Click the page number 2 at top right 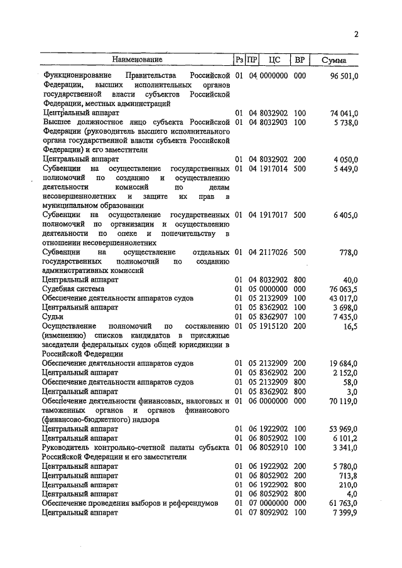coord(356,35)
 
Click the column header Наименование coord(138,60)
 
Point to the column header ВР coord(300,60)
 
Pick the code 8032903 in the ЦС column coord(273,122)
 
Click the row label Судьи coord(53,317)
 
